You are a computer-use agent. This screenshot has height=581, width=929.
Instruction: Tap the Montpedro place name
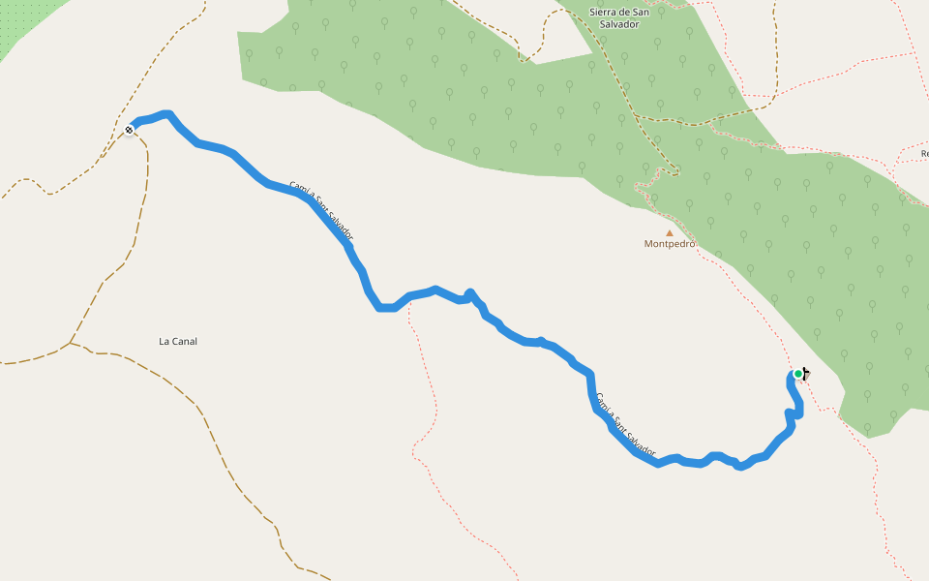pos(670,244)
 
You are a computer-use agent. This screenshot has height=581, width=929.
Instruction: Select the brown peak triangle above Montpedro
pos(669,232)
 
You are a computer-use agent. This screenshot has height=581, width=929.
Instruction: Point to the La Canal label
pos(178,341)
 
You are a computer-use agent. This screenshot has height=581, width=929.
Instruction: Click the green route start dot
pos(797,374)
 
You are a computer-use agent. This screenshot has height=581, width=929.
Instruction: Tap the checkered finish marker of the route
pos(129,129)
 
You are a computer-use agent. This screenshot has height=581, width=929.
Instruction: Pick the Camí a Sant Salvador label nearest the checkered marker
pos(321,210)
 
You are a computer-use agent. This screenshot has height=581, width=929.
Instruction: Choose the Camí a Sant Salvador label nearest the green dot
pos(625,425)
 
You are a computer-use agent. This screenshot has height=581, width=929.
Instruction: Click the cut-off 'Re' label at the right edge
pos(924,154)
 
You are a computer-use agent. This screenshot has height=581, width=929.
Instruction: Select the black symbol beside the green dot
pos(806,374)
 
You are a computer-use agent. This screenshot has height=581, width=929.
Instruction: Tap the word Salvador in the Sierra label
pos(620,24)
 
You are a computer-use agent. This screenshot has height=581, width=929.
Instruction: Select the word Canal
pos(185,341)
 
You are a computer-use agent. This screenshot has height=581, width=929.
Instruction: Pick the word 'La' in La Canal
pos(165,341)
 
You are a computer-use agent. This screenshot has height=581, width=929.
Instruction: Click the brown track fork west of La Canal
pos(70,343)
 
